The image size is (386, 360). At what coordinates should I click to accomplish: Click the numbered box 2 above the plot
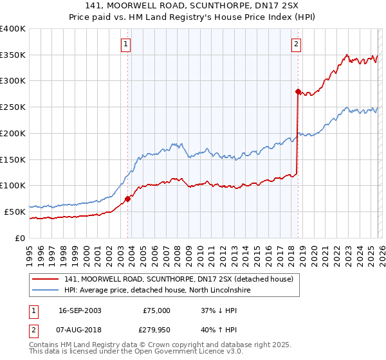[x=295, y=44]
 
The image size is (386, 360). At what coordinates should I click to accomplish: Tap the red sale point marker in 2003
[x=127, y=199]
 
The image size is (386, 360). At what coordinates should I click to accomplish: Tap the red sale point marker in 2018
[x=297, y=92]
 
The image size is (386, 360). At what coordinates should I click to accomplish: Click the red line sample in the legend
[x=46, y=279]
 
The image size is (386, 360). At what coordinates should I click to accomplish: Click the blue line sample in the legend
[x=46, y=291]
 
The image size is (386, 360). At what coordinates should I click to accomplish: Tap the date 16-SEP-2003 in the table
[x=80, y=310]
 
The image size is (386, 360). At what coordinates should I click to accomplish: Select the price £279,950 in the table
[x=154, y=331]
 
